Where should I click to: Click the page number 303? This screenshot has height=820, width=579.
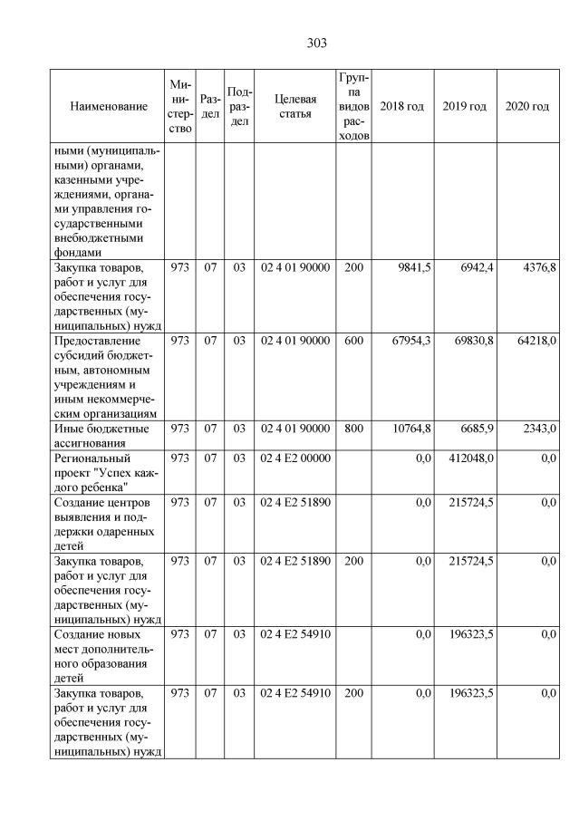[316, 43]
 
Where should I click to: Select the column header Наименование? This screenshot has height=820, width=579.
[108, 107]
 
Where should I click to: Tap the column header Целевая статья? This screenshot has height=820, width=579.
[294, 107]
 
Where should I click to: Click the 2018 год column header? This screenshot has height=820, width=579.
[401, 107]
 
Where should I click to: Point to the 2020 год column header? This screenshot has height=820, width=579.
[526, 107]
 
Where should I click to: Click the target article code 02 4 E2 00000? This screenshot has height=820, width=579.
[294, 458]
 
